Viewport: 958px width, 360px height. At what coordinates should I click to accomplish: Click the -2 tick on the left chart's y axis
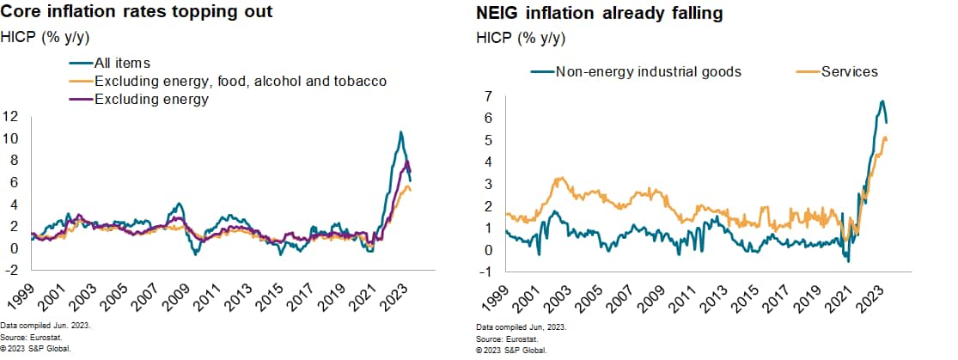14,270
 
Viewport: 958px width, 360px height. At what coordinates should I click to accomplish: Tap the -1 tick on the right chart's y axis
485,272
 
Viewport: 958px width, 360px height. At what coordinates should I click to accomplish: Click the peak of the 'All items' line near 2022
400,131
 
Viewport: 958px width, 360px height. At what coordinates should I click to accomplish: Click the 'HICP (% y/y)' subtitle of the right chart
520,38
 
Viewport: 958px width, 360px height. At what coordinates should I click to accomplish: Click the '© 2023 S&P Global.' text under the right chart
511,350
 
